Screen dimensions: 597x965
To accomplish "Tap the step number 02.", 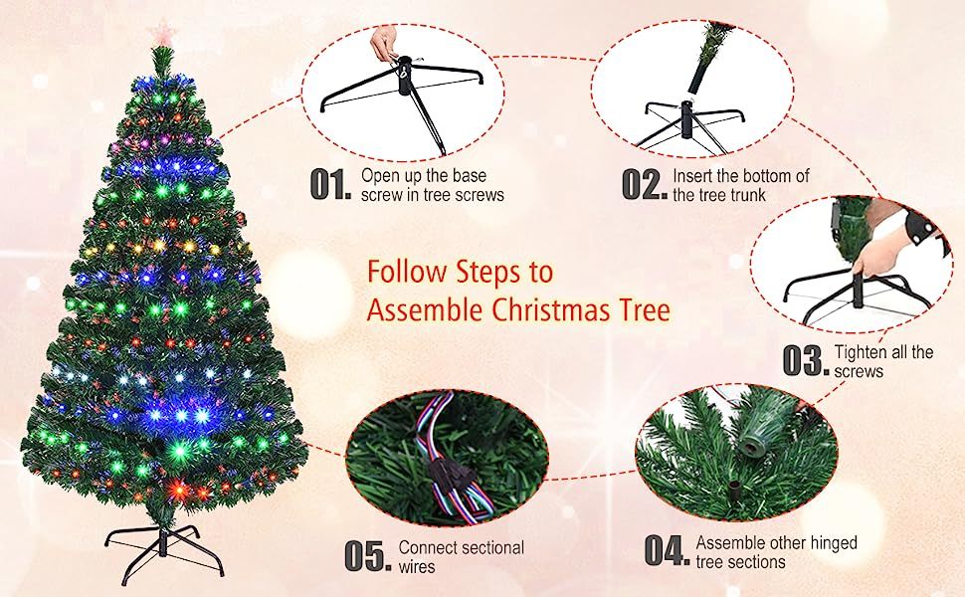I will coord(644,185).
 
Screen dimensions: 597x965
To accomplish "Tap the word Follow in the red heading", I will coord(407,272).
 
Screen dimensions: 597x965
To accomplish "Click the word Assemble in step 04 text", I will coord(728,543).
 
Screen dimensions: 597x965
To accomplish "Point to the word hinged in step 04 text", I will coord(833,543).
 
